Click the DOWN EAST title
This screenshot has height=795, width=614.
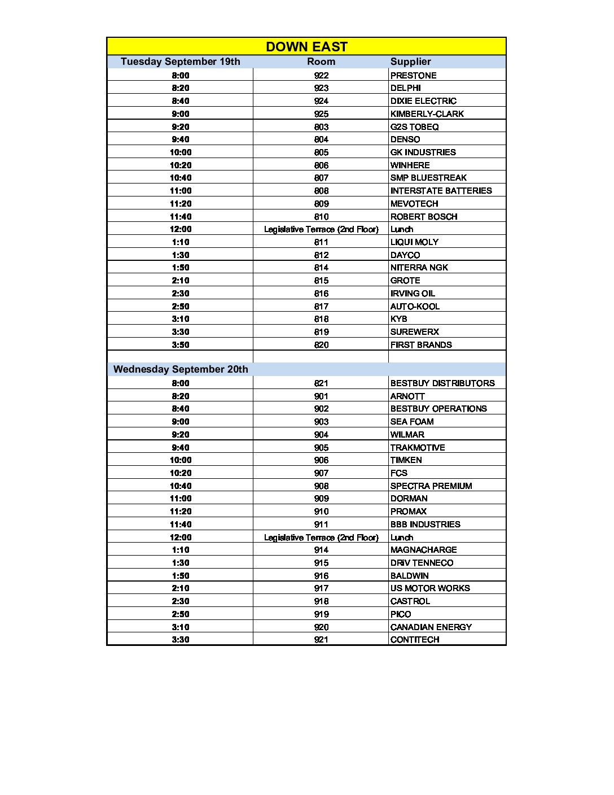(306, 47)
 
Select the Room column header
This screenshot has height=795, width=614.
(321, 62)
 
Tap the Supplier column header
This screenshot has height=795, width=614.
(410, 62)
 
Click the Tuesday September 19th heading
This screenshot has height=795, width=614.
(180, 62)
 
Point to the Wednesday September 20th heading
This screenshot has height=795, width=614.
(181, 369)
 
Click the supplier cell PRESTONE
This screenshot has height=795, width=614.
(413, 76)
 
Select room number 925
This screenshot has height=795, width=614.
(321, 114)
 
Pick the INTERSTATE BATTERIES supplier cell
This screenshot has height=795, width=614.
(441, 191)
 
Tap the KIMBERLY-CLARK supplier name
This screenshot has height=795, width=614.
(427, 114)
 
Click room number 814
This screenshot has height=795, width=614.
(321, 268)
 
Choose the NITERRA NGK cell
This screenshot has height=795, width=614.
(419, 268)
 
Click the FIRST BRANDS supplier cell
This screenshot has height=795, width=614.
(421, 345)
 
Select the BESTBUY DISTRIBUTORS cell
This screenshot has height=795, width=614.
(442, 383)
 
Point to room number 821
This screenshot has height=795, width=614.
(321, 383)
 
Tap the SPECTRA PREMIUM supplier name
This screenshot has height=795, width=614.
(431, 486)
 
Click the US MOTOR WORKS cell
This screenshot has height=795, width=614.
(430, 588)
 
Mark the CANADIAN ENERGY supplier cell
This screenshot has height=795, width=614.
(431, 627)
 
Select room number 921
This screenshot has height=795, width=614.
(321, 640)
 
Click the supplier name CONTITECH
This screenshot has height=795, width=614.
(415, 640)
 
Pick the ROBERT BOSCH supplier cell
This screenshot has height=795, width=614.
(424, 217)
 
